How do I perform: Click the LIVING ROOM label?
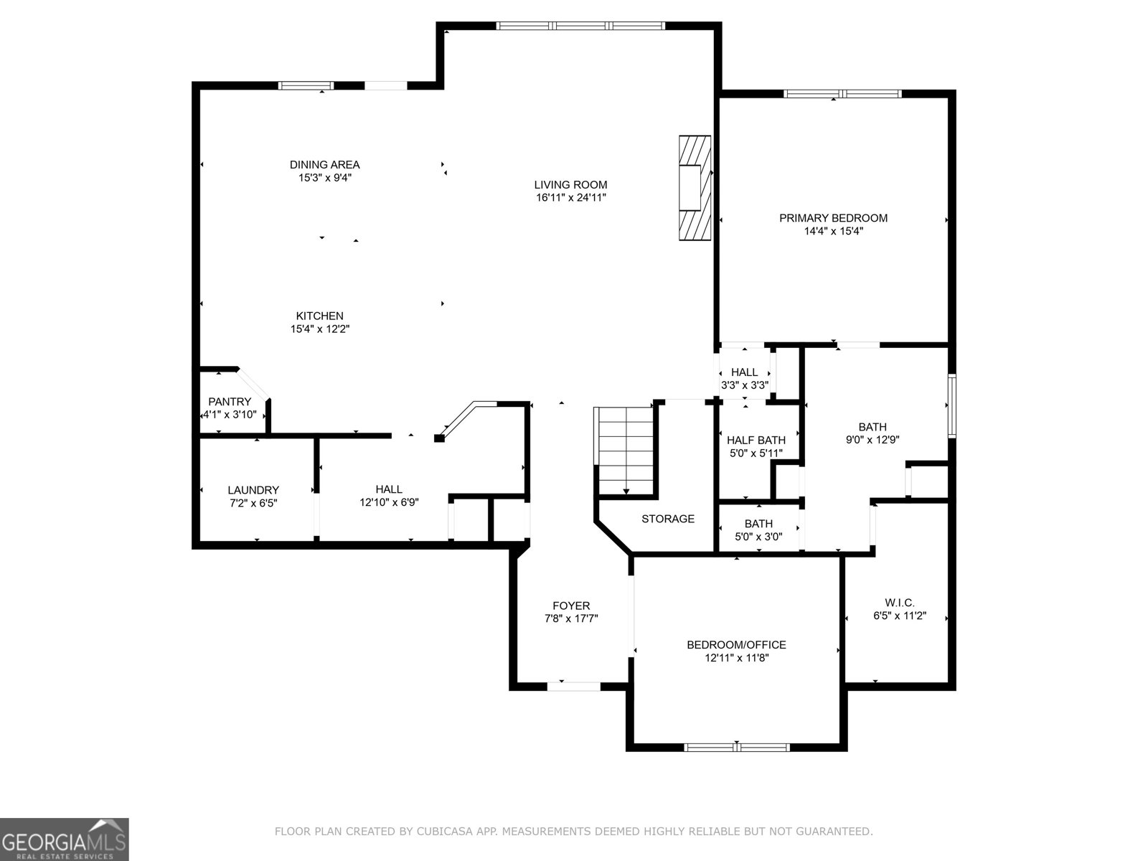coord(570,184)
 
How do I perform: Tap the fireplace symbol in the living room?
coord(695,188)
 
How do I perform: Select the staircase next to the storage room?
coord(626,451)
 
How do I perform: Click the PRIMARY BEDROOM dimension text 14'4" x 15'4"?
coord(833,231)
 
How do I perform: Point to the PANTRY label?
coord(230,402)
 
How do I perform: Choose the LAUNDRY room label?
coord(253,490)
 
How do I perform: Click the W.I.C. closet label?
coord(899,603)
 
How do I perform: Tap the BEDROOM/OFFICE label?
coord(736,644)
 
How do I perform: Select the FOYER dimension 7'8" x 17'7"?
coord(571,618)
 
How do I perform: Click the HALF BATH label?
coord(756,440)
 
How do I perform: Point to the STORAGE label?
coord(667,519)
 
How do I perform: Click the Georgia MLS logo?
coord(65,839)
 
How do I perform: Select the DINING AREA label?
coord(324,164)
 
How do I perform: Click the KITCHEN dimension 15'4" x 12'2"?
coord(319,329)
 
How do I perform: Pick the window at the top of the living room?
coord(580,26)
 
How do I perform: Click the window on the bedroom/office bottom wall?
coord(737,747)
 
